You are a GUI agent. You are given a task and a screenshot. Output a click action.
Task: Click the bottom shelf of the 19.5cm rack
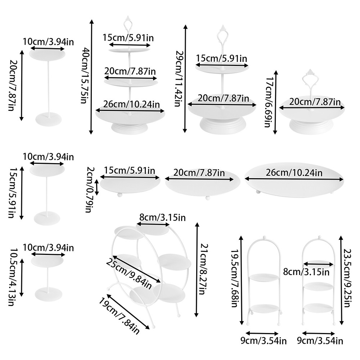tap(265, 309)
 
